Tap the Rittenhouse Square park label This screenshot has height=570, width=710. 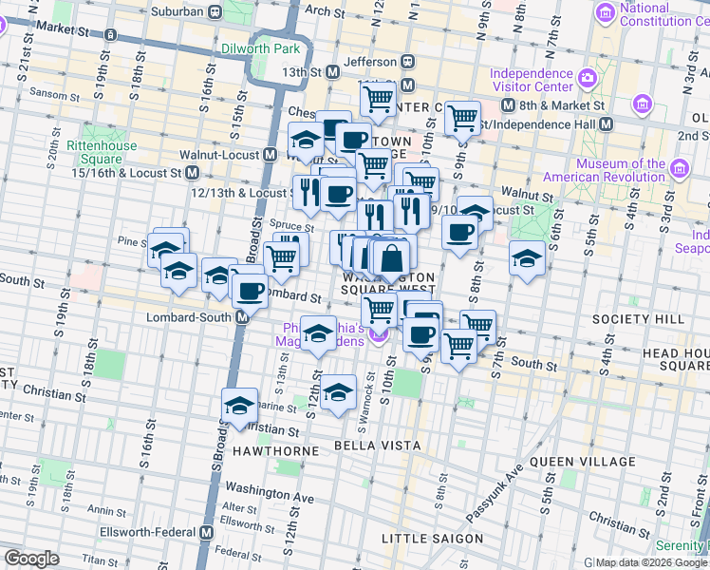tap(102, 152)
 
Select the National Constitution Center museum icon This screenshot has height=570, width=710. tap(605, 13)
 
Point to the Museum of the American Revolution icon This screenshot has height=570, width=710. tap(679, 169)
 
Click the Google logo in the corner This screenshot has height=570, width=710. tap(31, 559)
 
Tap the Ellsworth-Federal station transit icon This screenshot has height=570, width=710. tap(207, 533)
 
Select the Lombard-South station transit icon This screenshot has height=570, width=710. tap(242, 317)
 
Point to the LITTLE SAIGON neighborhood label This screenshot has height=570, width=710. tap(432, 539)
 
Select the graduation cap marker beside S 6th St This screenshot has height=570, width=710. tap(527, 256)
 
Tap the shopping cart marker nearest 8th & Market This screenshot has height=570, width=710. tap(462, 118)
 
